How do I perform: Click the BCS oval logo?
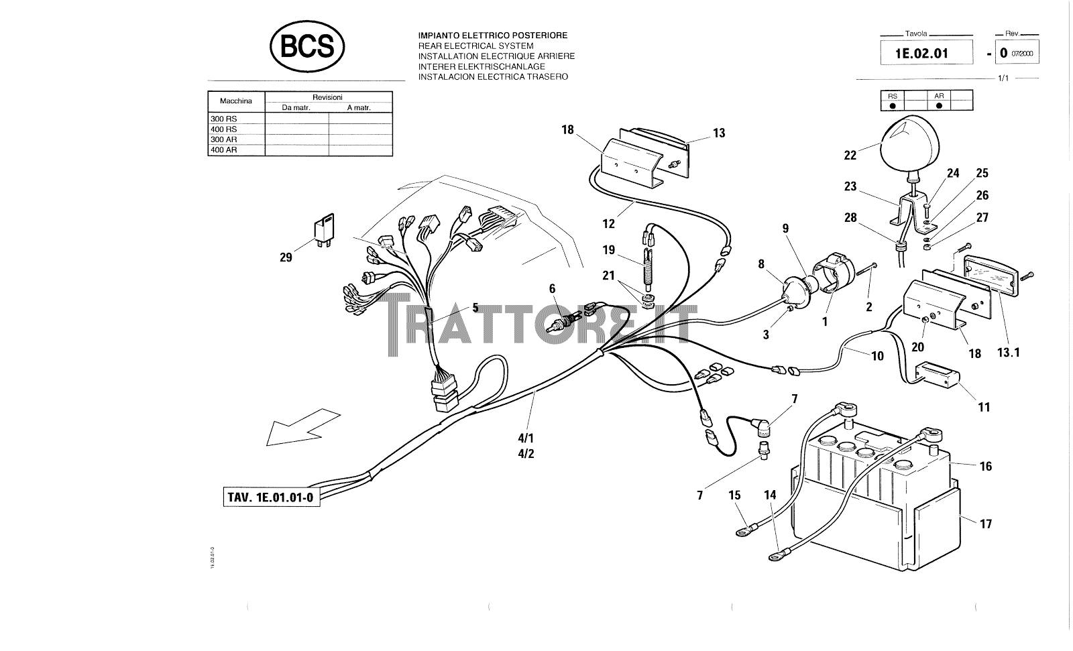[x=306, y=47]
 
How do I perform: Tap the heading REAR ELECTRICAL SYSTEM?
[x=475, y=46]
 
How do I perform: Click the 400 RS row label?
[x=223, y=129]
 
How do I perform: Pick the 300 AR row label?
[x=223, y=139]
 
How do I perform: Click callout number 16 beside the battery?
[x=985, y=467]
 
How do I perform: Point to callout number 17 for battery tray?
[x=985, y=524]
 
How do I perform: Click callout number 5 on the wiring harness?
[x=475, y=308]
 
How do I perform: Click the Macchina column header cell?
[x=236, y=101]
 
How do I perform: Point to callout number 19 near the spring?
[x=608, y=250]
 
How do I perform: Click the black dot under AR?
[x=939, y=105]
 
